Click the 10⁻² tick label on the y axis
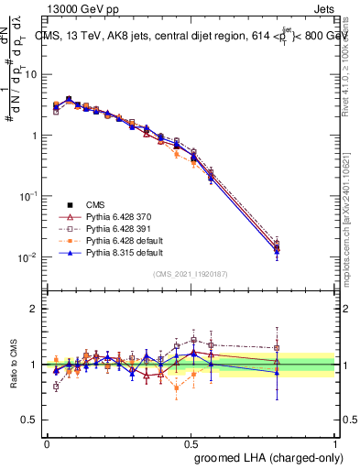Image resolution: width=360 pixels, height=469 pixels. click(x=31, y=257)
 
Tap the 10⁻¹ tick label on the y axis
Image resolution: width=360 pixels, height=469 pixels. click(x=31, y=196)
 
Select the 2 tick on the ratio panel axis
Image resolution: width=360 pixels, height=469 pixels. click(x=37, y=308)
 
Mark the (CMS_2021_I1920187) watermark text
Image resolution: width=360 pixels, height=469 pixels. click(x=190, y=274)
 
